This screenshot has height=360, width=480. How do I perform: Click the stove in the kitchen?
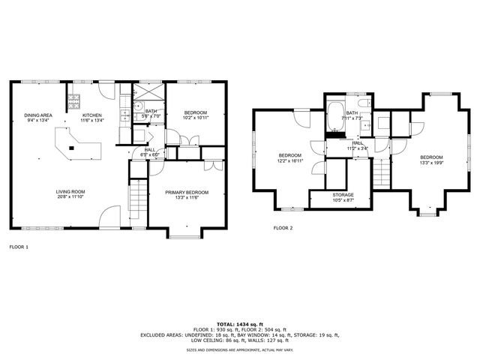(x=75, y=98)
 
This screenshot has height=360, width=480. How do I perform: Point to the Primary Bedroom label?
(x=187, y=193)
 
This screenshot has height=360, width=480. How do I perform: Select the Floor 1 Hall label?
(x=150, y=150)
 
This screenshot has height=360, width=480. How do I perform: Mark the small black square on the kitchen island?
(x=71, y=147)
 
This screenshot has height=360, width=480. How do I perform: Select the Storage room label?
(x=343, y=195)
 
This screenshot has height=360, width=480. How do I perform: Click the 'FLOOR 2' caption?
(x=283, y=227)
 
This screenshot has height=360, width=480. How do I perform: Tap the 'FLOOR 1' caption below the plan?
(x=19, y=246)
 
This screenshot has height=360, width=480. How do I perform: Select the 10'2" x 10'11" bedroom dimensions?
(x=195, y=118)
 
